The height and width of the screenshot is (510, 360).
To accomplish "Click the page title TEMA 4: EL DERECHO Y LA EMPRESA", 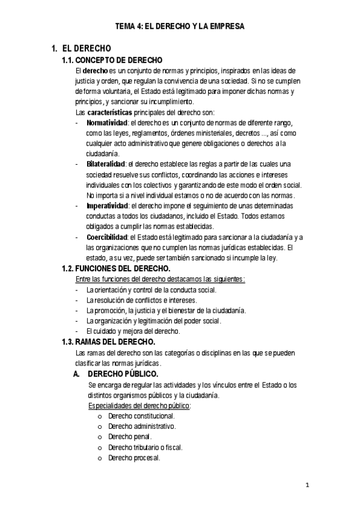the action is pos(180,26).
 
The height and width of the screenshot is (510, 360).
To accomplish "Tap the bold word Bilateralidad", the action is pos(105,164).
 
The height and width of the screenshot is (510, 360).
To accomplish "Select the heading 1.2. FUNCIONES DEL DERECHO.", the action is pos(116,268).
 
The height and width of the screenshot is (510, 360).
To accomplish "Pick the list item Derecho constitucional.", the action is pos(142,416).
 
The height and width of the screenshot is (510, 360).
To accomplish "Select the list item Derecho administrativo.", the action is pos(142,426).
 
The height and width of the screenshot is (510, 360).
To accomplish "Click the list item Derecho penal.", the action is pos(130,437).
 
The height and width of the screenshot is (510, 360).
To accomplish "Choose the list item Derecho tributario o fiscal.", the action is pos(145,447).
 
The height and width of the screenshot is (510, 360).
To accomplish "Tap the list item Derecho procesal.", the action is pos(134,458).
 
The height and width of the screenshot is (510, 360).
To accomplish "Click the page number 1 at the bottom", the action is pos(307,485).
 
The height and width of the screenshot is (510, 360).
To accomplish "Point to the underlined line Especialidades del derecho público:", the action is pos(139,405).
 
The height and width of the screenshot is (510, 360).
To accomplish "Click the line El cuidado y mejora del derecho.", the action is pos(133,331).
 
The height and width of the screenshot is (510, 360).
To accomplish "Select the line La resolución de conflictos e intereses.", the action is pos(141,300).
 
